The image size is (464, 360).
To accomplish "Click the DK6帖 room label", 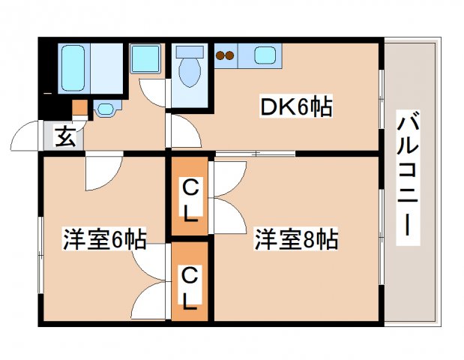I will tap(296, 109).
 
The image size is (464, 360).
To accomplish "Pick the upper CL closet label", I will tap(190, 199).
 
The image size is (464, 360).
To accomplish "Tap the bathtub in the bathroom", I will tap(73, 67).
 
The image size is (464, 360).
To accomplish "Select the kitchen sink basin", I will tap(266, 55).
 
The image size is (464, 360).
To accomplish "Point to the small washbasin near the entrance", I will tap(106, 109).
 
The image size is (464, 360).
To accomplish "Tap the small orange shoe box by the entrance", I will tap(79, 108).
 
